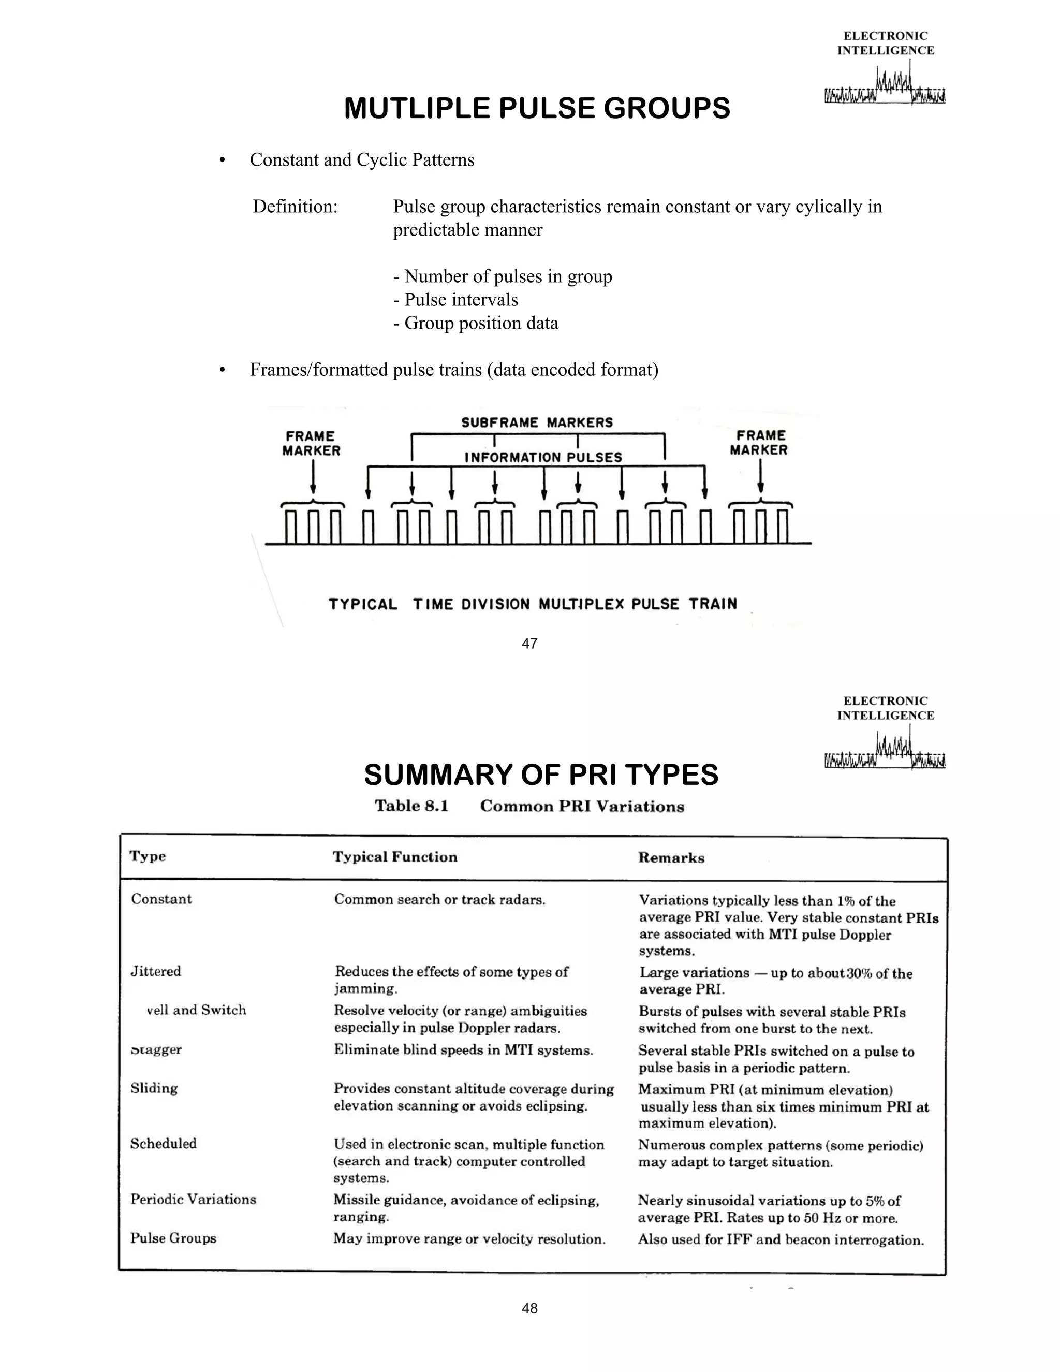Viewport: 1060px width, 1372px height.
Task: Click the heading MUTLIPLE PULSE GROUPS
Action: [537, 108]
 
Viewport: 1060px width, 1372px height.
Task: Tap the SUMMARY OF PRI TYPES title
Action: [541, 775]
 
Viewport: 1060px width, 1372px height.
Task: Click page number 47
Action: [529, 643]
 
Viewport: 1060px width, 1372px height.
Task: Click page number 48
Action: [529, 1308]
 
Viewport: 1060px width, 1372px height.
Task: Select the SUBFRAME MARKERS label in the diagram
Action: [537, 423]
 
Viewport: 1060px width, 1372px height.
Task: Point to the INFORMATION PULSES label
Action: [543, 457]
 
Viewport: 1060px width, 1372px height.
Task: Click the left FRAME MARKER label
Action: [311, 443]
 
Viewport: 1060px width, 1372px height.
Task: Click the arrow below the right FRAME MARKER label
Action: [760, 477]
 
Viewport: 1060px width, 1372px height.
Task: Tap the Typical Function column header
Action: [395, 857]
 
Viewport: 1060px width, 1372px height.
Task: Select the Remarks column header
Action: [671, 858]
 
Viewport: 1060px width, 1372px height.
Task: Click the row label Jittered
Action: [156, 971]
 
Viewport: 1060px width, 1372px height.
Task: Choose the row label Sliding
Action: [154, 1088]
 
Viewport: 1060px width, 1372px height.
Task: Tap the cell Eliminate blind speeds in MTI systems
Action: [463, 1050]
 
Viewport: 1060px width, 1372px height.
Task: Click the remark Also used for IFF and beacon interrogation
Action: [781, 1239]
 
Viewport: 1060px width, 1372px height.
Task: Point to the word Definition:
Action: [295, 206]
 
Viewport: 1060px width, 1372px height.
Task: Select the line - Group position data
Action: [475, 323]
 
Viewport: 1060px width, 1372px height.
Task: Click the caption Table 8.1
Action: [411, 806]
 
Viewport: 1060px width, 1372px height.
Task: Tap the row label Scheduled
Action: [163, 1143]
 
